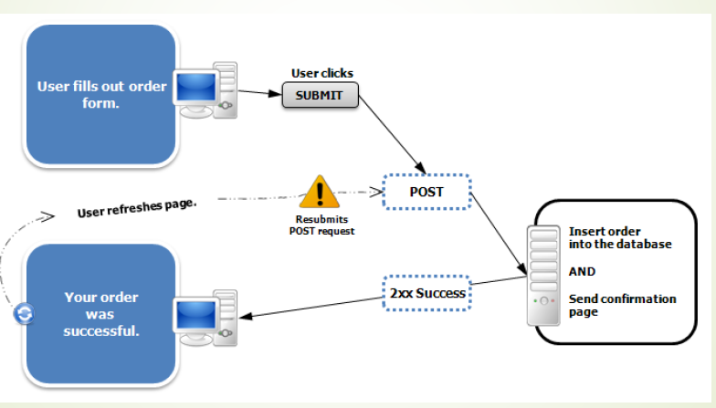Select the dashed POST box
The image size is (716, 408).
[426, 193]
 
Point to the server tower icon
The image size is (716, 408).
[544, 275]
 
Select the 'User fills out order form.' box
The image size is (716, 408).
[100, 95]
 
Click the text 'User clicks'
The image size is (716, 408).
[321, 73]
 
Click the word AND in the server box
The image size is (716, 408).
[582, 271]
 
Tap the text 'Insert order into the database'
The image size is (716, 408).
[619, 237]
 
